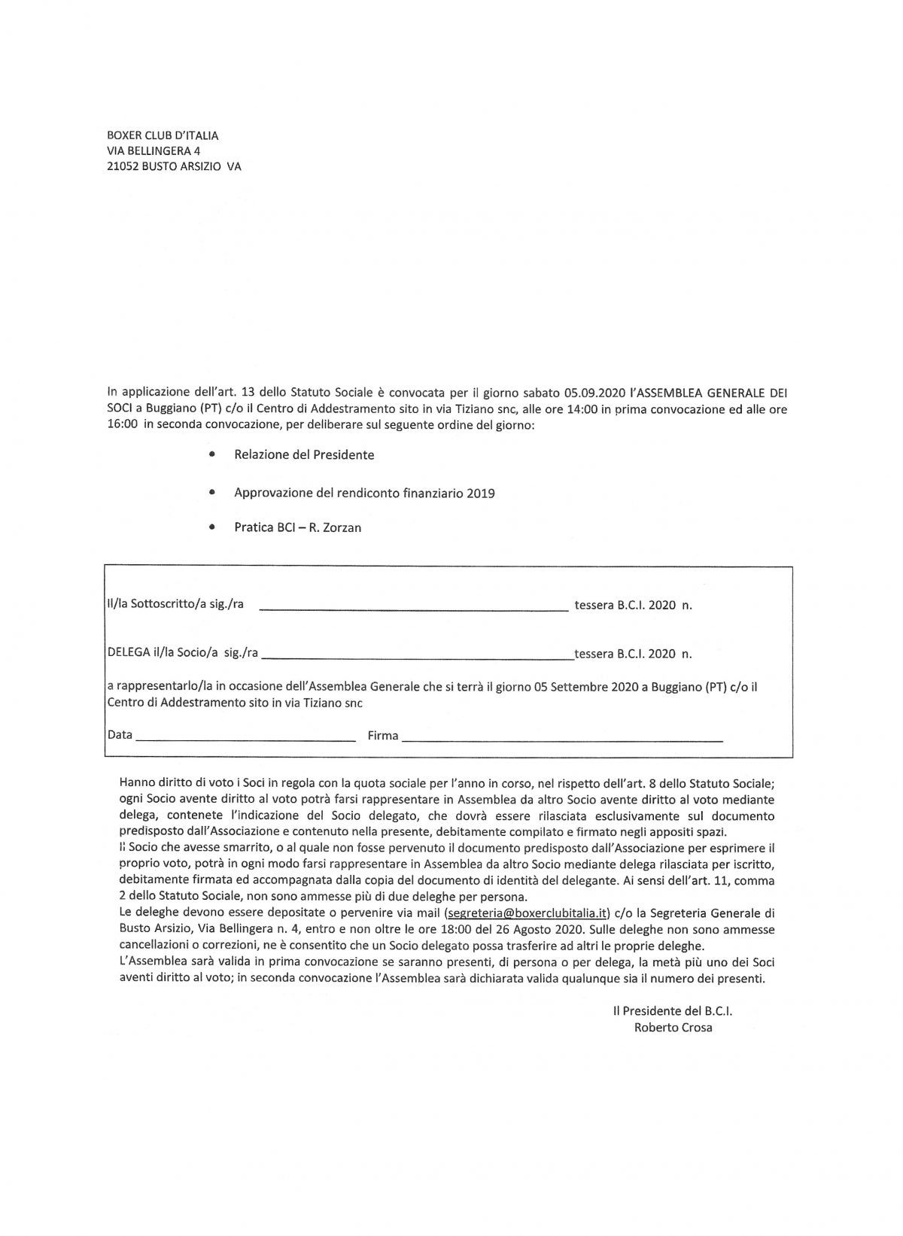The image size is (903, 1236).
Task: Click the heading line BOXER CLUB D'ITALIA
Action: (x=163, y=135)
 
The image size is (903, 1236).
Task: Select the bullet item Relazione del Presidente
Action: (x=304, y=454)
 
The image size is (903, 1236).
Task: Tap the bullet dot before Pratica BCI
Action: (x=214, y=527)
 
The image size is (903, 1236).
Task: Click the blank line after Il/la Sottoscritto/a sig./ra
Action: (x=414, y=609)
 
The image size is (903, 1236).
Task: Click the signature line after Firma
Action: (x=563, y=740)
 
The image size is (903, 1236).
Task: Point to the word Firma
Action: (x=383, y=736)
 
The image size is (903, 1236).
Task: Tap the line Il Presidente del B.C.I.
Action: (x=672, y=1012)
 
